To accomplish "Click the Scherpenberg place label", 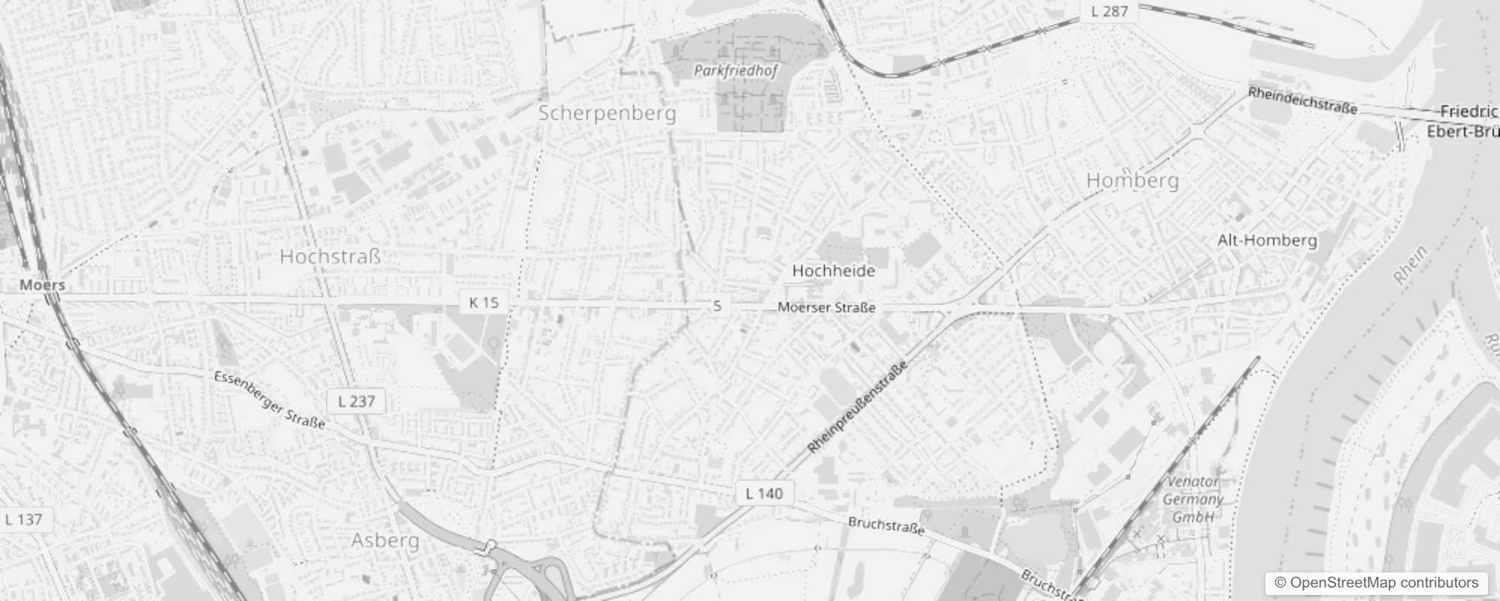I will pyautogui.click(x=607, y=113).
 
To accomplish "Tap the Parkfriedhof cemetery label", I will pyautogui.click(x=736, y=71).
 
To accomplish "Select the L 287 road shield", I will pyautogui.click(x=1109, y=11).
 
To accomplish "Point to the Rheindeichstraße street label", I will pyautogui.click(x=1302, y=101).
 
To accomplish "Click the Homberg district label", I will pyautogui.click(x=1133, y=180).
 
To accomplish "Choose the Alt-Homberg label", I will pyautogui.click(x=1267, y=240).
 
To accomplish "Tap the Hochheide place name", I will pyautogui.click(x=833, y=270).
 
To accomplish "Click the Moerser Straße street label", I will pyautogui.click(x=826, y=307).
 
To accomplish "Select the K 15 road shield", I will pyautogui.click(x=483, y=302).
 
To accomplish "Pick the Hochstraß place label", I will pyautogui.click(x=330, y=256).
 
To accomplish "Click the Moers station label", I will pyautogui.click(x=42, y=285).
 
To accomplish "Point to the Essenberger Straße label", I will pyautogui.click(x=269, y=400).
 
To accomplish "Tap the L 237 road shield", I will pyautogui.click(x=356, y=401).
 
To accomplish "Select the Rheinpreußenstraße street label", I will pyautogui.click(x=857, y=407).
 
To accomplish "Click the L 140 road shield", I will pyautogui.click(x=764, y=494).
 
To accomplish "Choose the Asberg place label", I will pyautogui.click(x=386, y=540).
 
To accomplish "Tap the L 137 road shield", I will pyautogui.click(x=24, y=519).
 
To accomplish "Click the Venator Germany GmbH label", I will pyautogui.click(x=1193, y=499).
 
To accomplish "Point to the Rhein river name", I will pyautogui.click(x=1410, y=266).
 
